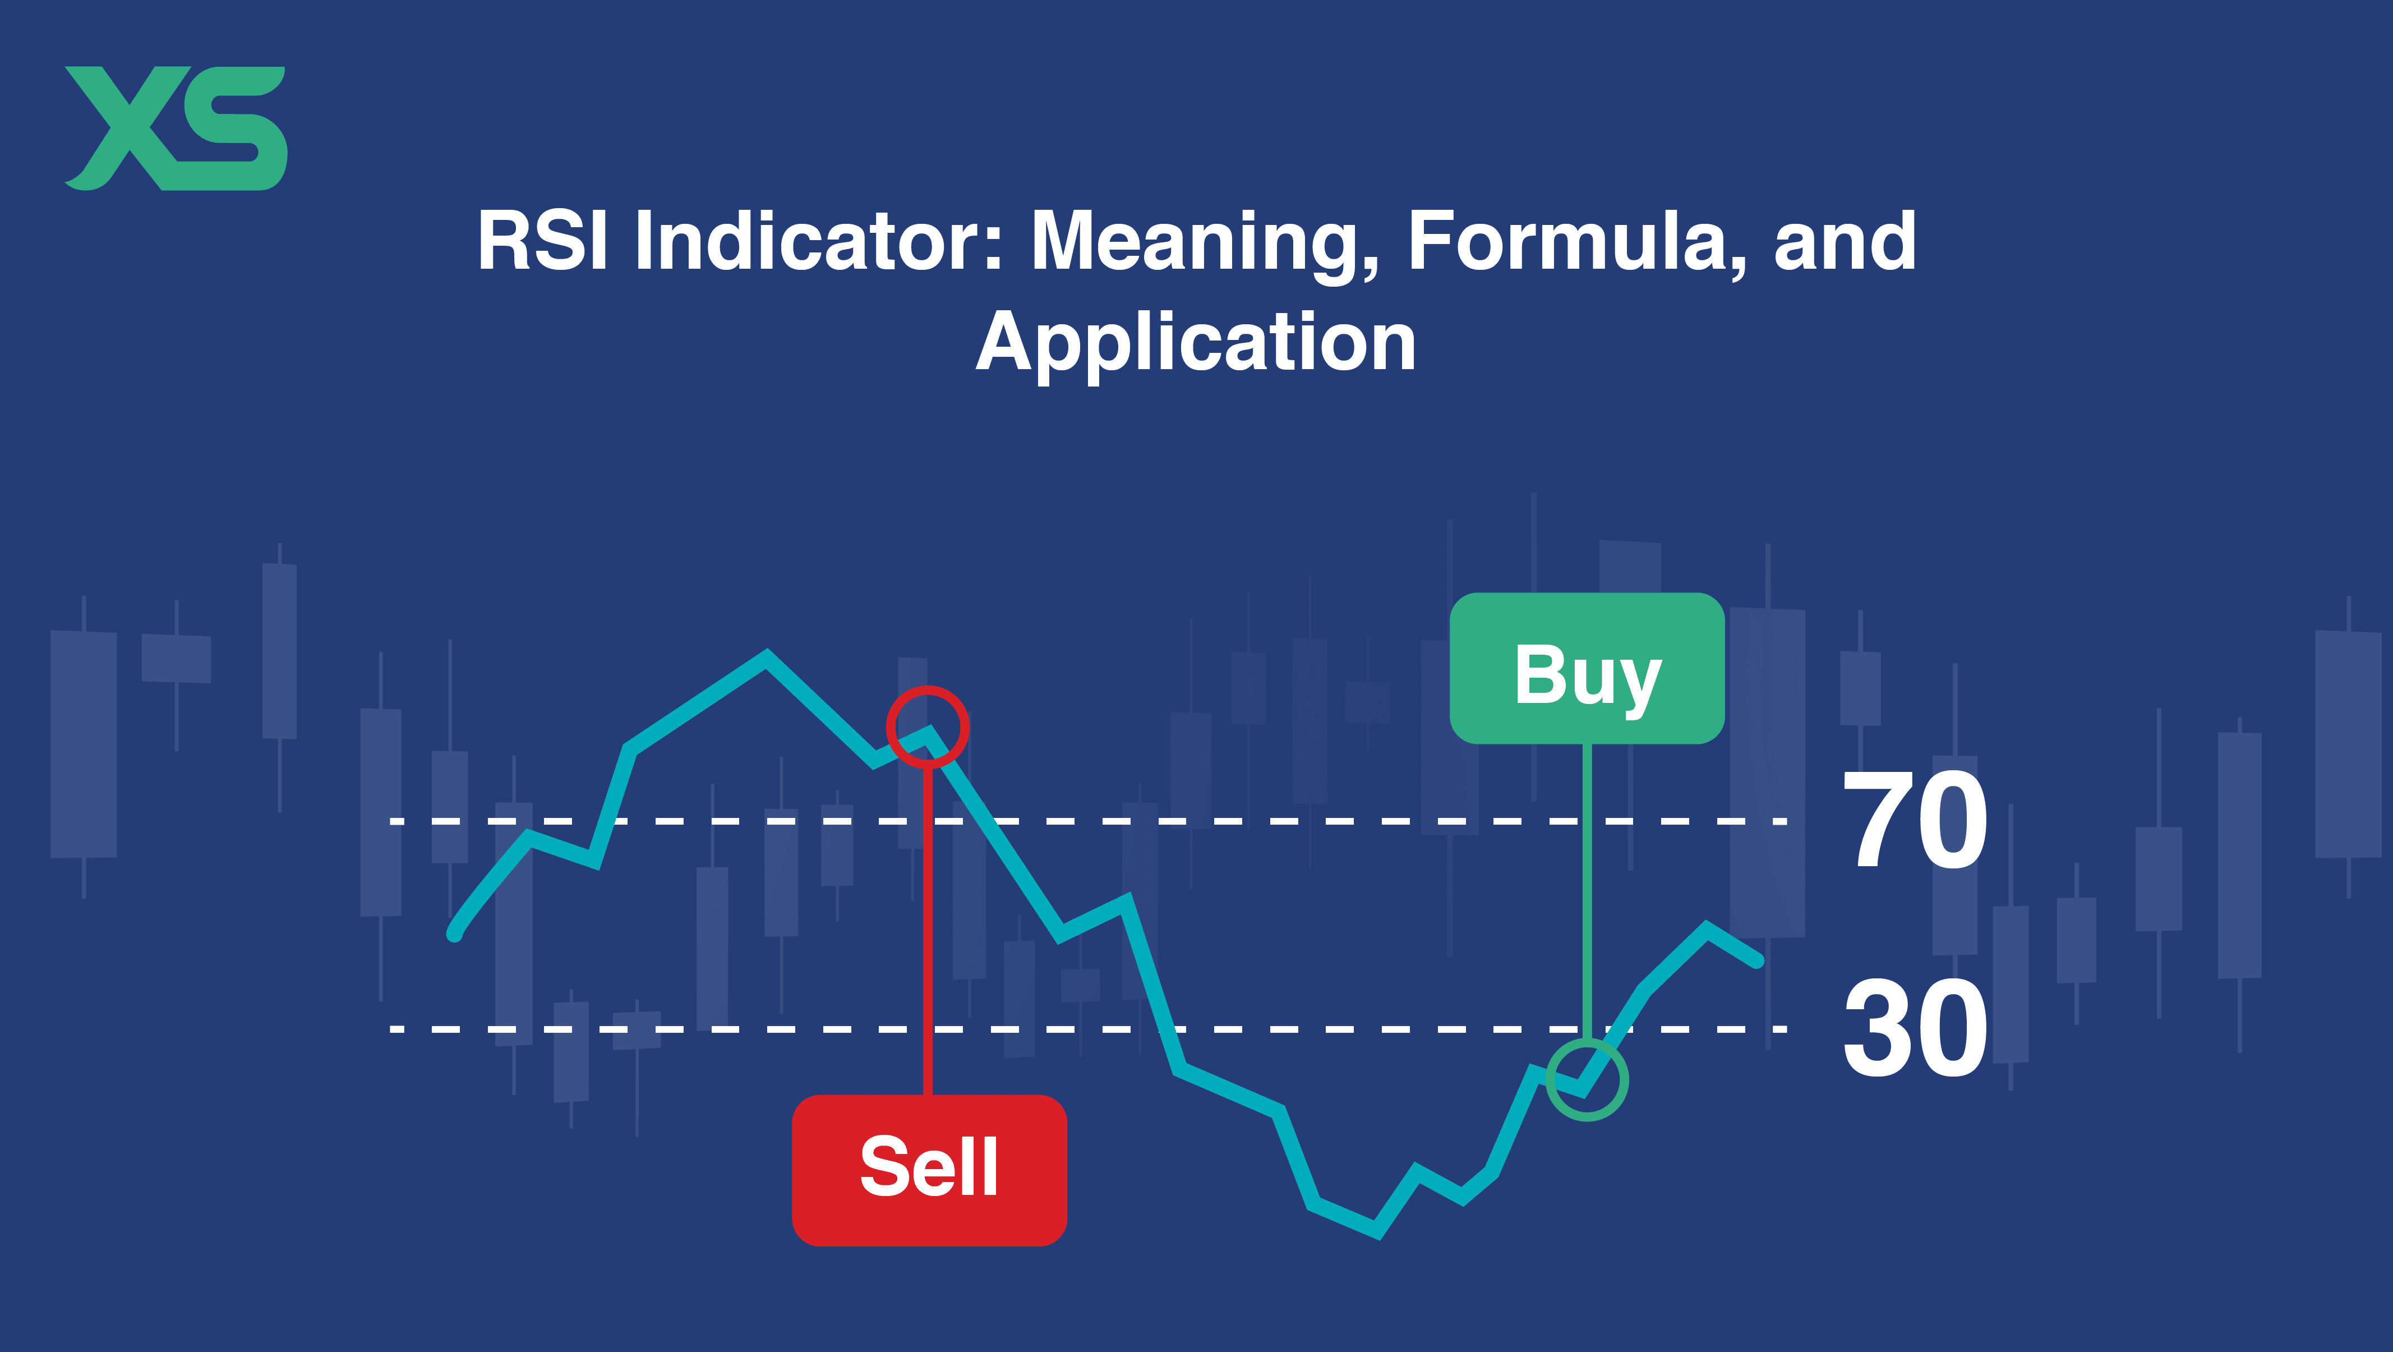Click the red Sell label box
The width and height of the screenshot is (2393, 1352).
pos(929,1170)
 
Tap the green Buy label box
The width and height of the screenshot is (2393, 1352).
pos(1587,668)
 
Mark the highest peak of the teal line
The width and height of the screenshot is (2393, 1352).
pos(767,656)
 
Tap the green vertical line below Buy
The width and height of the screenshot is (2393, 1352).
pos(1587,892)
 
